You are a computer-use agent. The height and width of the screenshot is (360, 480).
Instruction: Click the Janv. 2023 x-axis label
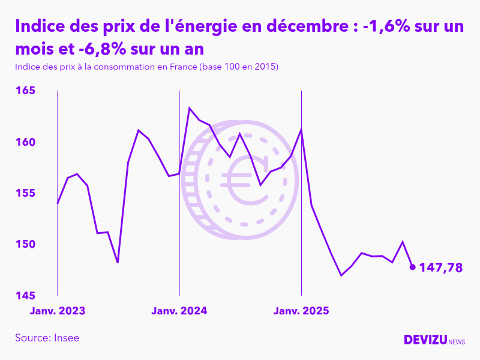(58, 311)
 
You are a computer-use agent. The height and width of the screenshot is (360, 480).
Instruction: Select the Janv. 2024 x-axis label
(179, 311)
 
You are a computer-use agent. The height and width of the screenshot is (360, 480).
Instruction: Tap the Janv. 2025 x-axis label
(301, 311)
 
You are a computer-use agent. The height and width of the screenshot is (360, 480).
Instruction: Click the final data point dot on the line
(412, 267)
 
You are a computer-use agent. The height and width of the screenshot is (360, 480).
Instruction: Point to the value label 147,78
(440, 268)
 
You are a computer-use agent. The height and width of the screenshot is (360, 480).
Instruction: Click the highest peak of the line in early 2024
(190, 108)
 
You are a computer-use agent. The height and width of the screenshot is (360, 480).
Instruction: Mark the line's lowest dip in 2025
(341, 275)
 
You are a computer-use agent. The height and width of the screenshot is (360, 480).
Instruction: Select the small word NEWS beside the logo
(457, 342)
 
